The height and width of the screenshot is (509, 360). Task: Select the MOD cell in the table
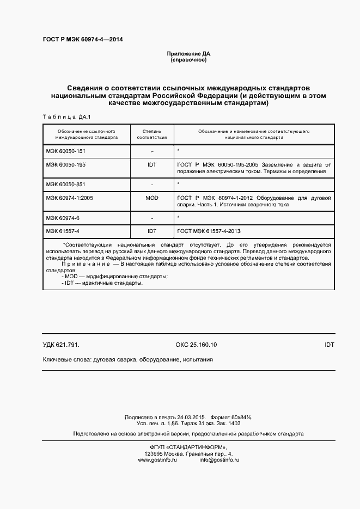152,198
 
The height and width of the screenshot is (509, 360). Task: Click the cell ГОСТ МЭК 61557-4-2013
208,231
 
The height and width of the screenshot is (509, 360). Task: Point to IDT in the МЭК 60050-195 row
152,164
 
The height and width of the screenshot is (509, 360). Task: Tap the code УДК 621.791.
61,345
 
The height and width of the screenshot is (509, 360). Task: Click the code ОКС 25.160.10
196,345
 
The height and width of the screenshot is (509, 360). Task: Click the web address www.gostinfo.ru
158,460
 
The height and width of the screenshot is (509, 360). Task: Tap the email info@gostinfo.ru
219,460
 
